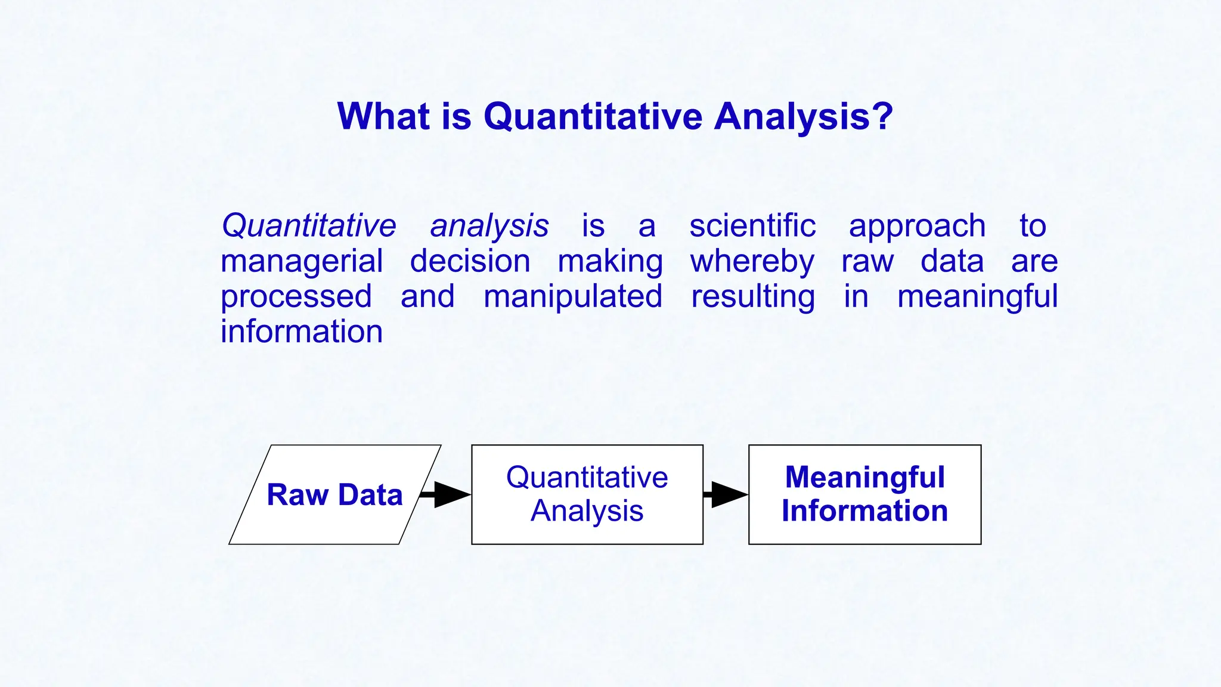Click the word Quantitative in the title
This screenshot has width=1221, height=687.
point(593,116)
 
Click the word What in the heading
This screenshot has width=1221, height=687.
point(383,116)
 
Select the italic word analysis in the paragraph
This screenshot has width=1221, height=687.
point(489,226)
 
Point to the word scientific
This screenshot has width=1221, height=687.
point(752,226)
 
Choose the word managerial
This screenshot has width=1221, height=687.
point(302,262)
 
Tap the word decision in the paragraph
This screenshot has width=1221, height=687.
point(470,261)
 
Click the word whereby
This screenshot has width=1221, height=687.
point(752,262)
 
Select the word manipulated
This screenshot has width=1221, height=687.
point(572,296)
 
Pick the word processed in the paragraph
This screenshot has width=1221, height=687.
point(296,297)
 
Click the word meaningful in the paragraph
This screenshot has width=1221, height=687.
point(977,297)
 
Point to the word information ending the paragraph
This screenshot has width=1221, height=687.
point(302,332)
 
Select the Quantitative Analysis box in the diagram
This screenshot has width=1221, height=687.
point(587,494)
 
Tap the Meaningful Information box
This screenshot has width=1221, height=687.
point(864,494)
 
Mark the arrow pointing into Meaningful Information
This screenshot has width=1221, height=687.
point(726,494)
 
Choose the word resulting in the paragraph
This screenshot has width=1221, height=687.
point(752,297)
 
